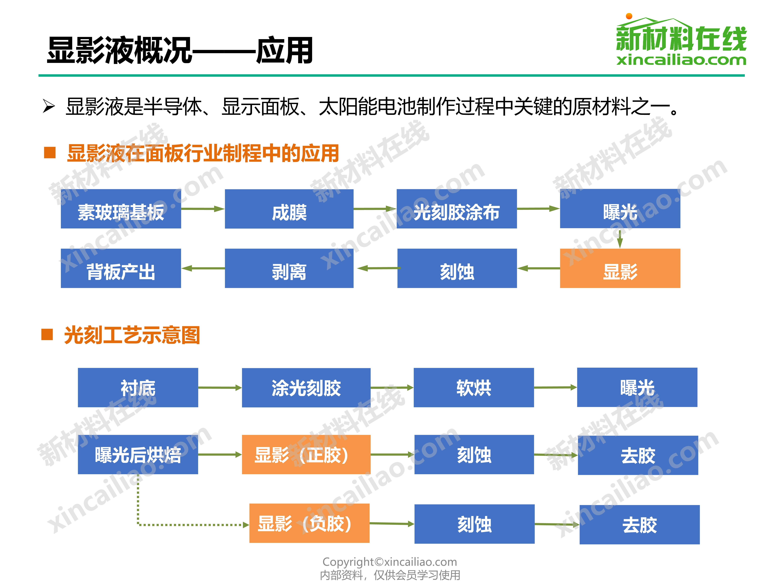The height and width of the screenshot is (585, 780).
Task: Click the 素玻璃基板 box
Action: pyautogui.click(x=121, y=209)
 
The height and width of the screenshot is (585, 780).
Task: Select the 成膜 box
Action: pyautogui.click(x=289, y=209)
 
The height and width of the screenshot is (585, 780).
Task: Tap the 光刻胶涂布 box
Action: pyautogui.click(x=457, y=209)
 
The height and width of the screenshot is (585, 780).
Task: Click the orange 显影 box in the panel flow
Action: pyautogui.click(x=620, y=268)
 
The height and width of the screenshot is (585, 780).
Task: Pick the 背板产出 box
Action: pyautogui.click(x=121, y=268)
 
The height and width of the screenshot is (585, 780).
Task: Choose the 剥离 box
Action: pyautogui.click(x=289, y=268)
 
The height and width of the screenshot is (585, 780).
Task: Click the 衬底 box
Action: pyautogui.click(x=138, y=388)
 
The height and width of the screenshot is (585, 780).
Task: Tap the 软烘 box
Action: pyautogui.click(x=474, y=388)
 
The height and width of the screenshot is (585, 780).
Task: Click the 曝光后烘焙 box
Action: pyautogui.click(x=138, y=455)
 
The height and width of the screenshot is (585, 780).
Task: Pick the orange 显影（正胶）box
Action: pyautogui.click(x=306, y=455)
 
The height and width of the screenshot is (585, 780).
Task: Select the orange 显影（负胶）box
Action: pyautogui.click(x=309, y=523)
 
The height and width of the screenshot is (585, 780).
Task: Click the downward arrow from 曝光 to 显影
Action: pyautogui.click(x=620, y=238)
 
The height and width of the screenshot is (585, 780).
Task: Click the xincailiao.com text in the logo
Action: pyautogui.click(x=681, y=60)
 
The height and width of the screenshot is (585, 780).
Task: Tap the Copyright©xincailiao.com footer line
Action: pyautogui.click(x=390, y=562)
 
